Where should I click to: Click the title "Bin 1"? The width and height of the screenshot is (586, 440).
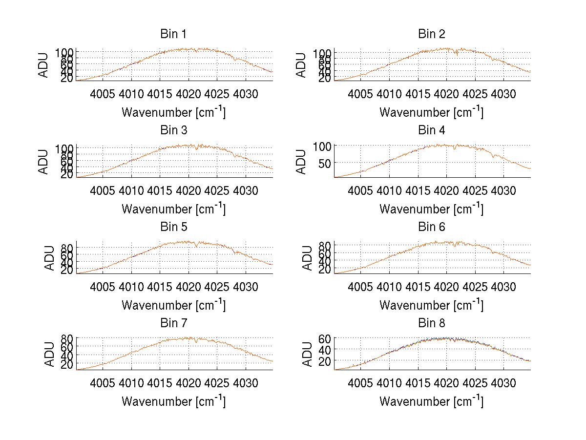(173, 34)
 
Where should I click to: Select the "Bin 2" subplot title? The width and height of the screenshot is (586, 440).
(431, 34)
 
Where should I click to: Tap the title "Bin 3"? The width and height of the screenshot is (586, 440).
(173, 130)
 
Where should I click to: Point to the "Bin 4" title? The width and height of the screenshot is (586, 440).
(431, 130)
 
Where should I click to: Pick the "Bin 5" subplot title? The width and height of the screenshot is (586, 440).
(173, 227)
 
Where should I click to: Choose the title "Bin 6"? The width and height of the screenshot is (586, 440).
(431, 227)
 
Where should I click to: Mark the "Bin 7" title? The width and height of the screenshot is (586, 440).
(173, 323)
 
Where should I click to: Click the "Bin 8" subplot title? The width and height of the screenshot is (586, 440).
(431, 323)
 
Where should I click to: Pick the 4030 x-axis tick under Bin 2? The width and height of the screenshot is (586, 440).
(503, 93)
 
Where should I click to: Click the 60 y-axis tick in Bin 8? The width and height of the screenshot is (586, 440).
(325, 338)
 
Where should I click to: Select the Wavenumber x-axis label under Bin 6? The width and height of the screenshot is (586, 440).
(431, 305)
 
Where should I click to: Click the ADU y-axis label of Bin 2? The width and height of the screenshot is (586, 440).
(301, 65)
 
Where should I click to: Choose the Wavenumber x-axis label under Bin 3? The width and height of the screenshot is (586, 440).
(173, 209)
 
